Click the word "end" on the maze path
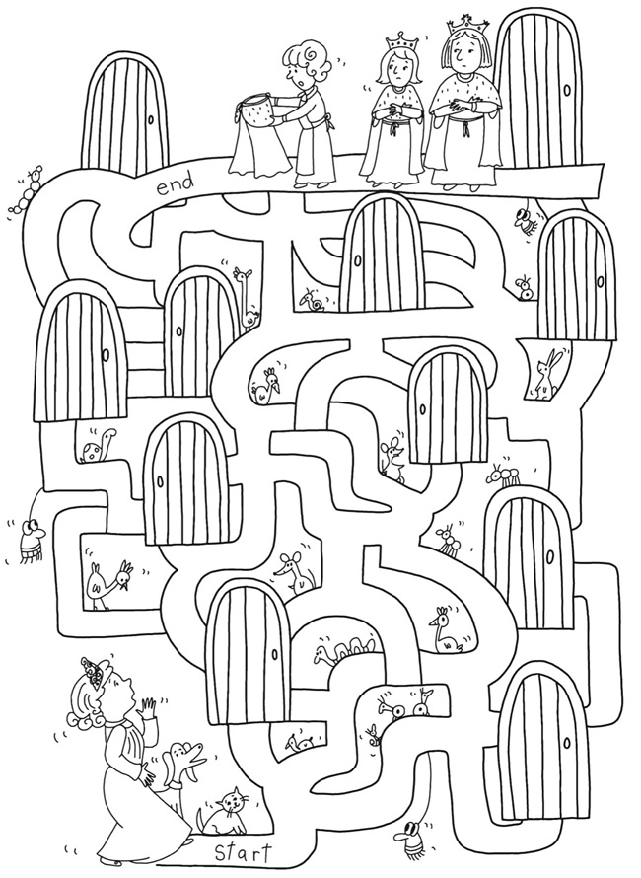[176, 183]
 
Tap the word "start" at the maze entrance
[243, 854]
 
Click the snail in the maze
[313, 300]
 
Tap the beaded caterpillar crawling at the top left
[27, 188]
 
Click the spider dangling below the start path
[412, 839]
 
